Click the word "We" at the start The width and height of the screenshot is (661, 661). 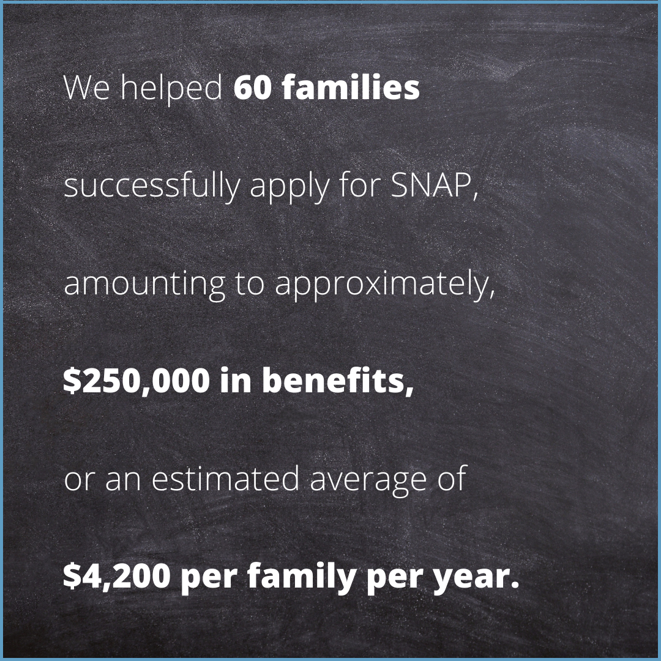(x=86, y=88)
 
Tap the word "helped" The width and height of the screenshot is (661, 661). (x=171, y=90)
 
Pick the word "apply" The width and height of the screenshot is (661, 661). (x=289, y=188)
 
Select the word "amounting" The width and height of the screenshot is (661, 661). (x=144, y=285)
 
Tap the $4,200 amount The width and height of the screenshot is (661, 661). (x=117, y=576)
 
